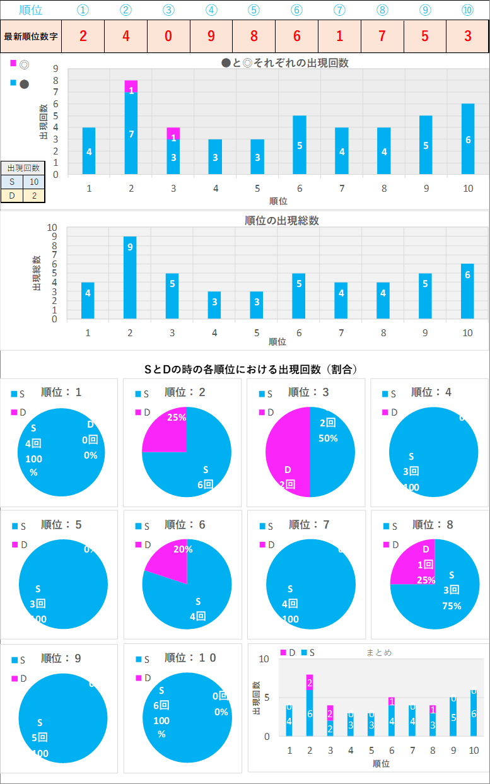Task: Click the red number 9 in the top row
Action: pyautogui.click(x=211, y=36)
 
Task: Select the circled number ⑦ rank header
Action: pyautogui.click(x=339, y=10)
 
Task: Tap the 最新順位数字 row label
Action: pyautogui.click(x=31, y=36)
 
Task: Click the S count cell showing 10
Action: pyautogui.click(x=34, y=182)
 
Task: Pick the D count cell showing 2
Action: pyautogui.click(x=34, y=196)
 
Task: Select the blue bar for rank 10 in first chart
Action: pyautogui.click(x=467, y=139)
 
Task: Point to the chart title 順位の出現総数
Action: pyautogui.click(x=282, y=221)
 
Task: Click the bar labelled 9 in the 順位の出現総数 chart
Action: pyautogui.click(x=130, y=278)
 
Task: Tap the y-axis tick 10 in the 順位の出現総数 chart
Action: pyautogui.click(x=52, y=228)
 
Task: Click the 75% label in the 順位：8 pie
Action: pyautogui.click(x=452, y=606)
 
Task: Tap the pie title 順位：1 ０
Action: pyautogui.click(x=190, y=658)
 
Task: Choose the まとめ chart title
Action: pyautogui.click(x=379, y=653)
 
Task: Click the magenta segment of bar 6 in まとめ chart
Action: pyautogui.click(x=392, y=701)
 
